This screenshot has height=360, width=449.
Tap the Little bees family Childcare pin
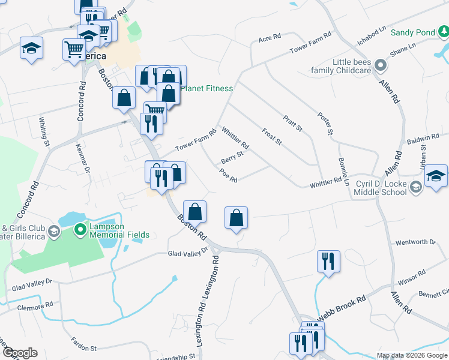click(379, 65)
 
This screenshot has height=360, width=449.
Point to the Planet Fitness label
click(206, 89)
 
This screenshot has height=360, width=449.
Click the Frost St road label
click(272, 136)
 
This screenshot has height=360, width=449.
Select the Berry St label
click(232, 158)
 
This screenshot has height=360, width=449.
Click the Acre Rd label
click(270, 38)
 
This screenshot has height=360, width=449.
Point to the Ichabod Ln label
click(372, 35)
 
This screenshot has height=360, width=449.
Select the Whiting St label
click(44, 131)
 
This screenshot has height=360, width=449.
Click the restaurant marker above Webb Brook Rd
click(328, 261)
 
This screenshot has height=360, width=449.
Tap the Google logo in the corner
click(20, 353)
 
